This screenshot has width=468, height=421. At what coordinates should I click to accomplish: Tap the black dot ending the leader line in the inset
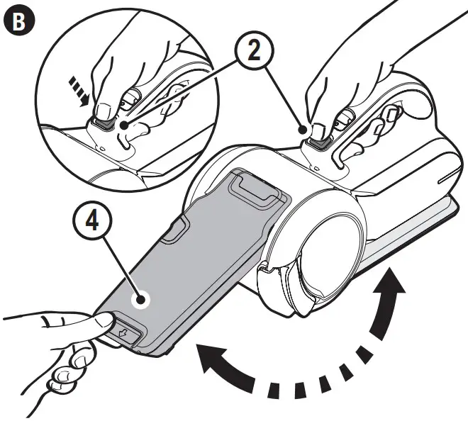coord(125,125)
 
